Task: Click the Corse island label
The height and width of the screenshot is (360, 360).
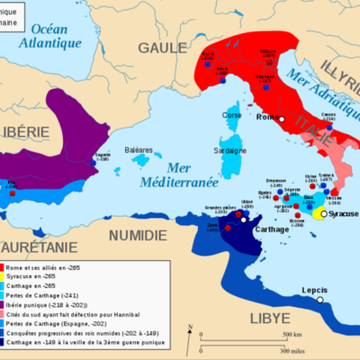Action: pos(232,116)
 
